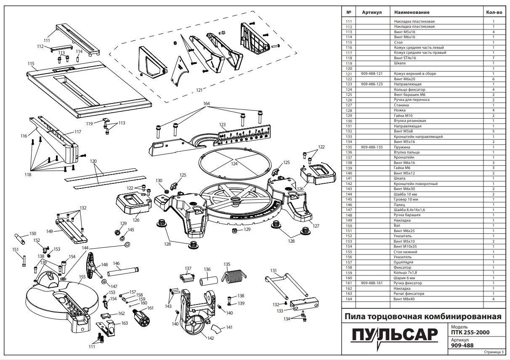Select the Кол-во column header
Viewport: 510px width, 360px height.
[493, 13]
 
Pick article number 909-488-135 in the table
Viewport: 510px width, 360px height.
[372, 147]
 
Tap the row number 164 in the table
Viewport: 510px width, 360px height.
[348, 299]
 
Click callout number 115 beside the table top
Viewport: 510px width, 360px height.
[31, 64]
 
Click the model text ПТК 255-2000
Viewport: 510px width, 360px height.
[467, 331]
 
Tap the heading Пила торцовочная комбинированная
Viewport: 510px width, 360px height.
[423, 316]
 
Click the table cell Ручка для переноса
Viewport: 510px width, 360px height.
[412, 100]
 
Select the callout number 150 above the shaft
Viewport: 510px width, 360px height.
[32, 233]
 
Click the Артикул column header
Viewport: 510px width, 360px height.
[372, 13]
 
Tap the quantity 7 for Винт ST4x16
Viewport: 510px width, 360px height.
[493, 58]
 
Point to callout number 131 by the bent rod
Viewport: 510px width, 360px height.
[274, 270]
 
